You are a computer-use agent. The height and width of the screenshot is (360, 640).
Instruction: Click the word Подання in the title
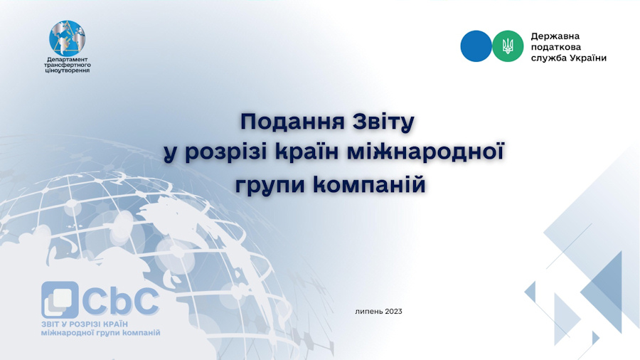point(292,122)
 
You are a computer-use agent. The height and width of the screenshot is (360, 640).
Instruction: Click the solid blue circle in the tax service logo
point(476,46)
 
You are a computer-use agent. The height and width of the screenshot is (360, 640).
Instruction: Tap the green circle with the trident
point(508,46)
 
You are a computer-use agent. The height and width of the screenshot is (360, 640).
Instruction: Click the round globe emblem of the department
point(68,38)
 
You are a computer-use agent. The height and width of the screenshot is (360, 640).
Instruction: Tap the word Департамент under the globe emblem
point(68,60)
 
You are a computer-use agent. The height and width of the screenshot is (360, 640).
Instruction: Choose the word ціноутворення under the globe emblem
point(67,70)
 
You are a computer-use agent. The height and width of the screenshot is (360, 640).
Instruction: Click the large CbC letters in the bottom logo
point(120,301)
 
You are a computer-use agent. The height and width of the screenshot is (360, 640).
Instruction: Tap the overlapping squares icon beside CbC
point(60,300)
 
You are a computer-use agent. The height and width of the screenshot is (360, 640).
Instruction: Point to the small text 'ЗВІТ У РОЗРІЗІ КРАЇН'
point(85,324)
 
